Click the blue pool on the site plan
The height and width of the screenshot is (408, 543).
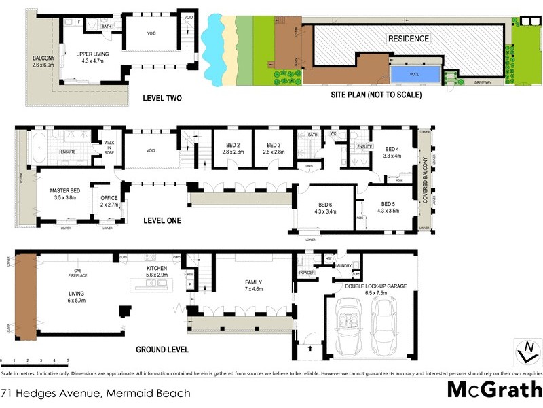click(x=413, y=72)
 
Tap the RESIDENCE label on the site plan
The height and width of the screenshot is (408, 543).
click(x=408, y=39)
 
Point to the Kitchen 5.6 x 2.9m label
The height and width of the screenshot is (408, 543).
click(x=156, y=273)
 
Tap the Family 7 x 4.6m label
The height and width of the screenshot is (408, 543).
click(x=253, y=286)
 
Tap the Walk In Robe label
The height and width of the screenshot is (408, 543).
click(x=108, y=148)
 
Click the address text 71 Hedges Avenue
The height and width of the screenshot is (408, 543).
click(x=95, y=393)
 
